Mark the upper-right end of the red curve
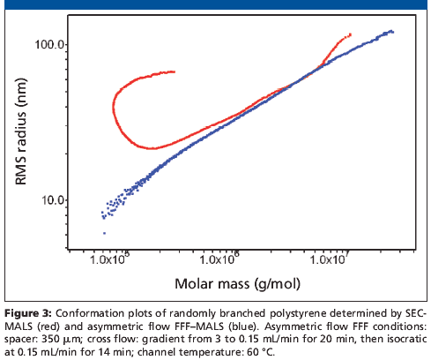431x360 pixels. click(x=351, y=34)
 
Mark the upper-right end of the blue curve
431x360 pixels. click(x=392, y=32)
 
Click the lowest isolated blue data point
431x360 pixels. click(x=105, y=233)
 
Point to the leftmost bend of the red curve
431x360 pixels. click(x=114, y=108)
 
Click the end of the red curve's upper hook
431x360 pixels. click(x=175, y=71)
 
